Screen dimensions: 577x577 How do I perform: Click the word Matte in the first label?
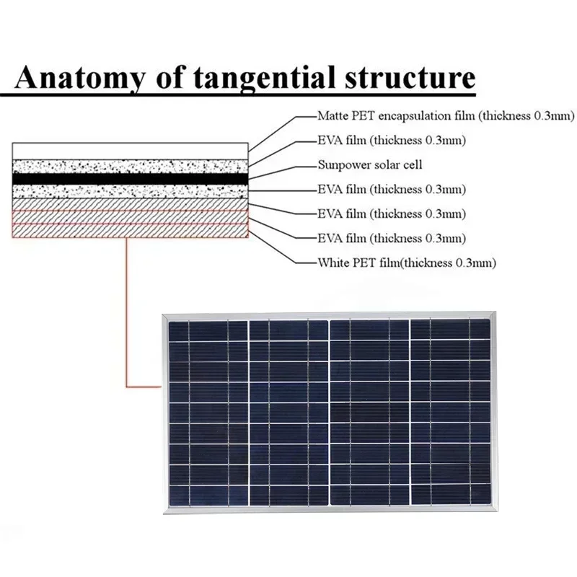click(332, 115)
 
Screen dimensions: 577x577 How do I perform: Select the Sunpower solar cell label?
click(370, 164)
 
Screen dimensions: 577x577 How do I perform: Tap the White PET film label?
click(406, 263)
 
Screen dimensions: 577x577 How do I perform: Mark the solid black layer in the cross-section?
click(130, 177)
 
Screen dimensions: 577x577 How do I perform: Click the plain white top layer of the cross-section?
click(130, 151)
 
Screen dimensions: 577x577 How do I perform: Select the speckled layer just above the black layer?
click(130, 165)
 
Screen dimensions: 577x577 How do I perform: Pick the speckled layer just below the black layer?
click(130, 190)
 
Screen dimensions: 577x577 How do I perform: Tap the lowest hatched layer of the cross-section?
click(130, 231)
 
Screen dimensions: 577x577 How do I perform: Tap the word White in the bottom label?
click(332, 263)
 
